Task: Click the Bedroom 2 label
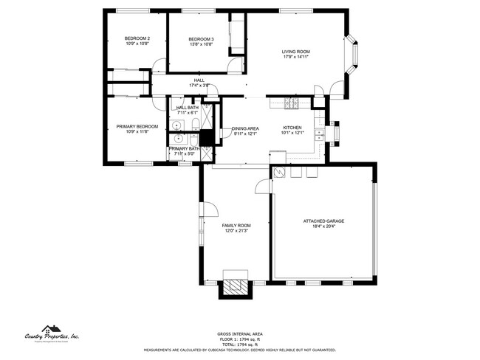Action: (137, 38)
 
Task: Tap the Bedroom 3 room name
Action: (201, 39)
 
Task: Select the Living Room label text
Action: (295, 52)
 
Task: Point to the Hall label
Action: (199, 80)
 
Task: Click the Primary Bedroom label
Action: (137, 126)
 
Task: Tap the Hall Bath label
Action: (187, 108)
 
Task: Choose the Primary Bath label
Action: (184, 148)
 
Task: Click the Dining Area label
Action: (245, 128)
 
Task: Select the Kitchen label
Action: (293, 128)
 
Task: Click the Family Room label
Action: (236, 225)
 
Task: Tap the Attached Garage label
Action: (323, 221)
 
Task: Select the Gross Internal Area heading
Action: (240, 333)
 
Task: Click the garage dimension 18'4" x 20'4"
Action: (323, 226)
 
